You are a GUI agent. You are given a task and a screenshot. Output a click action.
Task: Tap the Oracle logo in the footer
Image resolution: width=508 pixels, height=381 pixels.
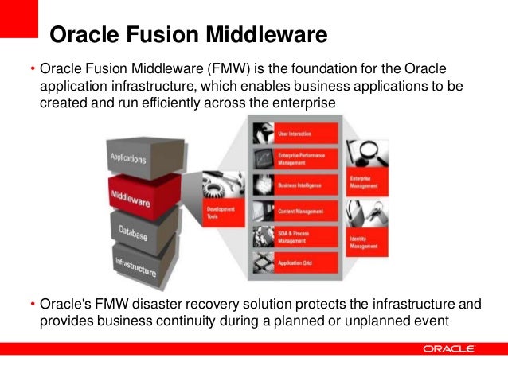[449, 348]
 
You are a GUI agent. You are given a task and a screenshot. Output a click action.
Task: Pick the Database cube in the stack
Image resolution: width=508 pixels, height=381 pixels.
[133, 231]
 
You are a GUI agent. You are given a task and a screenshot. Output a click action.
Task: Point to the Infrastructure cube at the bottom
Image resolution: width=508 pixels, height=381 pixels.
[135, 266]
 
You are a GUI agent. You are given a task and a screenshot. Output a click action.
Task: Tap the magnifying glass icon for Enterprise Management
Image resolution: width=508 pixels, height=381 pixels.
[369, 155]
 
